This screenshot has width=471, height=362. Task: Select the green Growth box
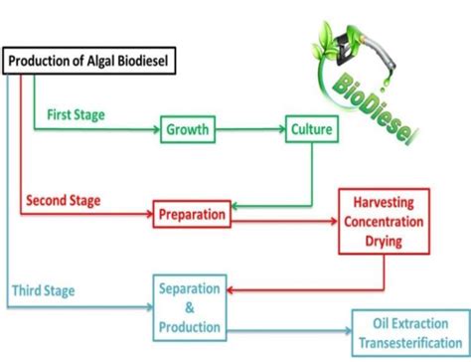pyautogui.click(x=189, y=130)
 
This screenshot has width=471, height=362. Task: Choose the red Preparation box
pyautogui.click(x=192, y=212)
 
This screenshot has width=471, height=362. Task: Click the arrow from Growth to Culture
pyautogui.click(x=253, y=130)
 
